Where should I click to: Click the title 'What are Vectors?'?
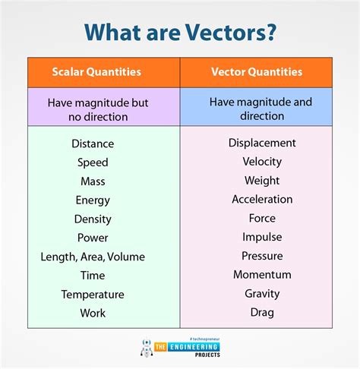180,31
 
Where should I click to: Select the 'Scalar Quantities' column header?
96,72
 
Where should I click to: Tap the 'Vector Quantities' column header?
256,72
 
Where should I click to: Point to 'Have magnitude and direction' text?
261,108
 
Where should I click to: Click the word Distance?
93,143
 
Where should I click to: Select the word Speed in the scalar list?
93,162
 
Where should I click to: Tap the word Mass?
93,181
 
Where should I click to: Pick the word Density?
93,219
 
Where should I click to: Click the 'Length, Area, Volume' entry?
93,257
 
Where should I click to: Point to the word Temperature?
93,294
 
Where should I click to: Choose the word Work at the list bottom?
93,313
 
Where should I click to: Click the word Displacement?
262,143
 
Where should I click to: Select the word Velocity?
262,162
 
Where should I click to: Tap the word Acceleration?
262,200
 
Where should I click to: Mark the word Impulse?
262,238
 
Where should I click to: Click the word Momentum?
262,275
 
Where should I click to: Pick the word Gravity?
262,294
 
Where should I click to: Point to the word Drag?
262,313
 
